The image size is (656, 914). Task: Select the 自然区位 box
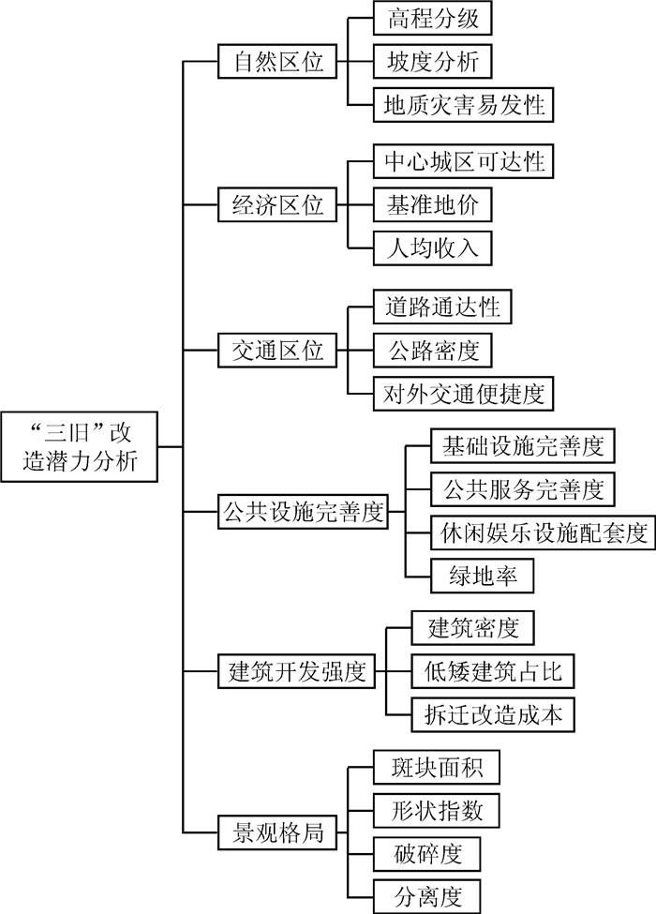click(x=277, y=62)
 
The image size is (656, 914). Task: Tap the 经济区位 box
click(x=277, y=205)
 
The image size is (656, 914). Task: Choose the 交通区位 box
click(x=277, y=350)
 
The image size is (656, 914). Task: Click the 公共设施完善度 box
click(x=302, y=512)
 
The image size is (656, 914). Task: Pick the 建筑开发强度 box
click(x=295, y=672)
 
